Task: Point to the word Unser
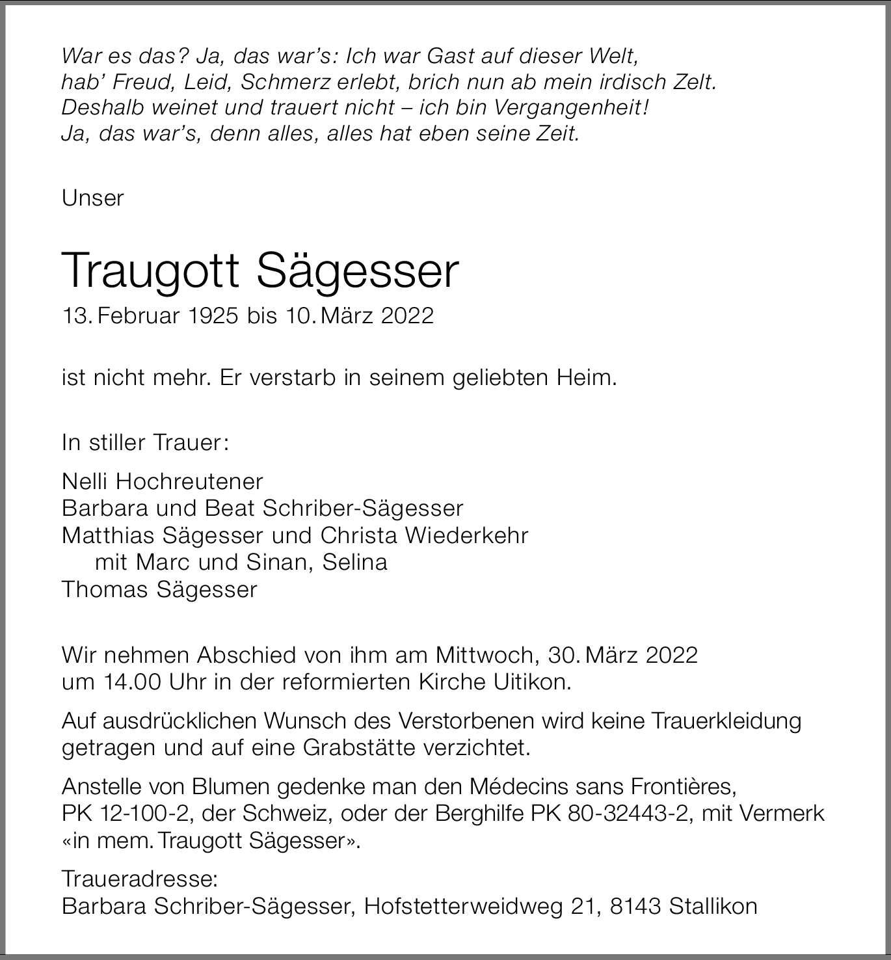tap(92, 198)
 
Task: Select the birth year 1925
tap(214, 315)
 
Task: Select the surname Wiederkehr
tap(466, 535)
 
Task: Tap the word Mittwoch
tap(486, 654)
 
